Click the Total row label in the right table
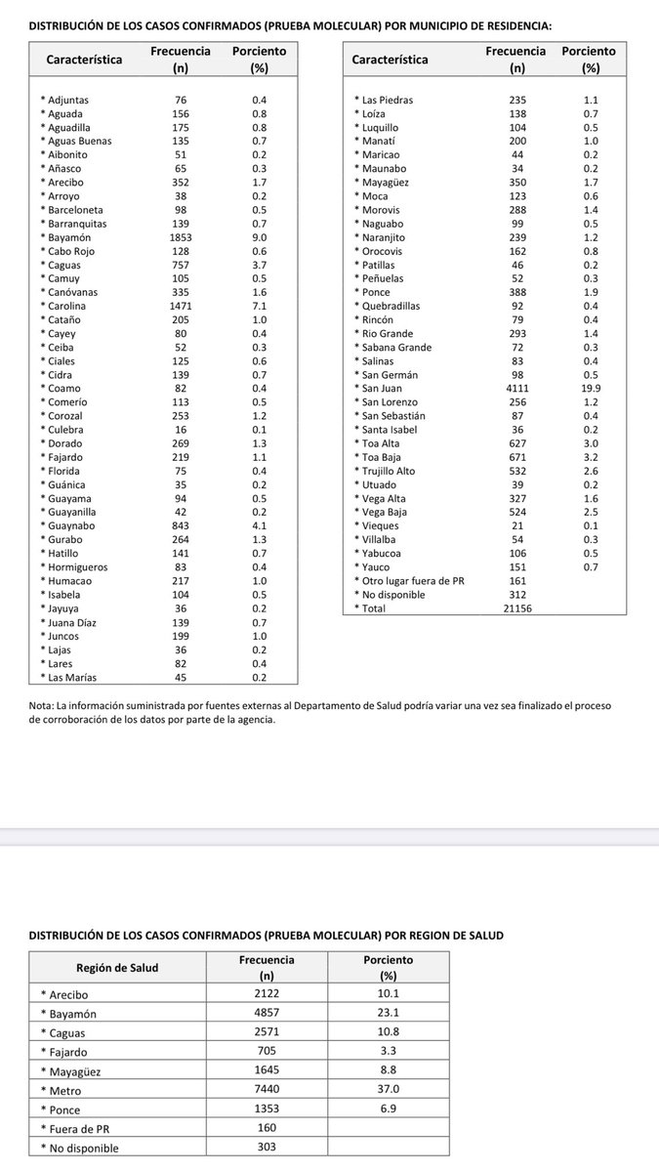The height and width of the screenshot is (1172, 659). (375, 607)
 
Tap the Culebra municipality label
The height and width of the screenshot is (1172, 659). (66, 429)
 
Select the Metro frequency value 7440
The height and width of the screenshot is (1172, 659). (267, 1090)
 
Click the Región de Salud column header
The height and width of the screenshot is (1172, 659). (117, 968)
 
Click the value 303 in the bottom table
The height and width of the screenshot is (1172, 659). (267, 1148)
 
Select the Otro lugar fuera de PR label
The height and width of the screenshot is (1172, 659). (411, 580)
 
